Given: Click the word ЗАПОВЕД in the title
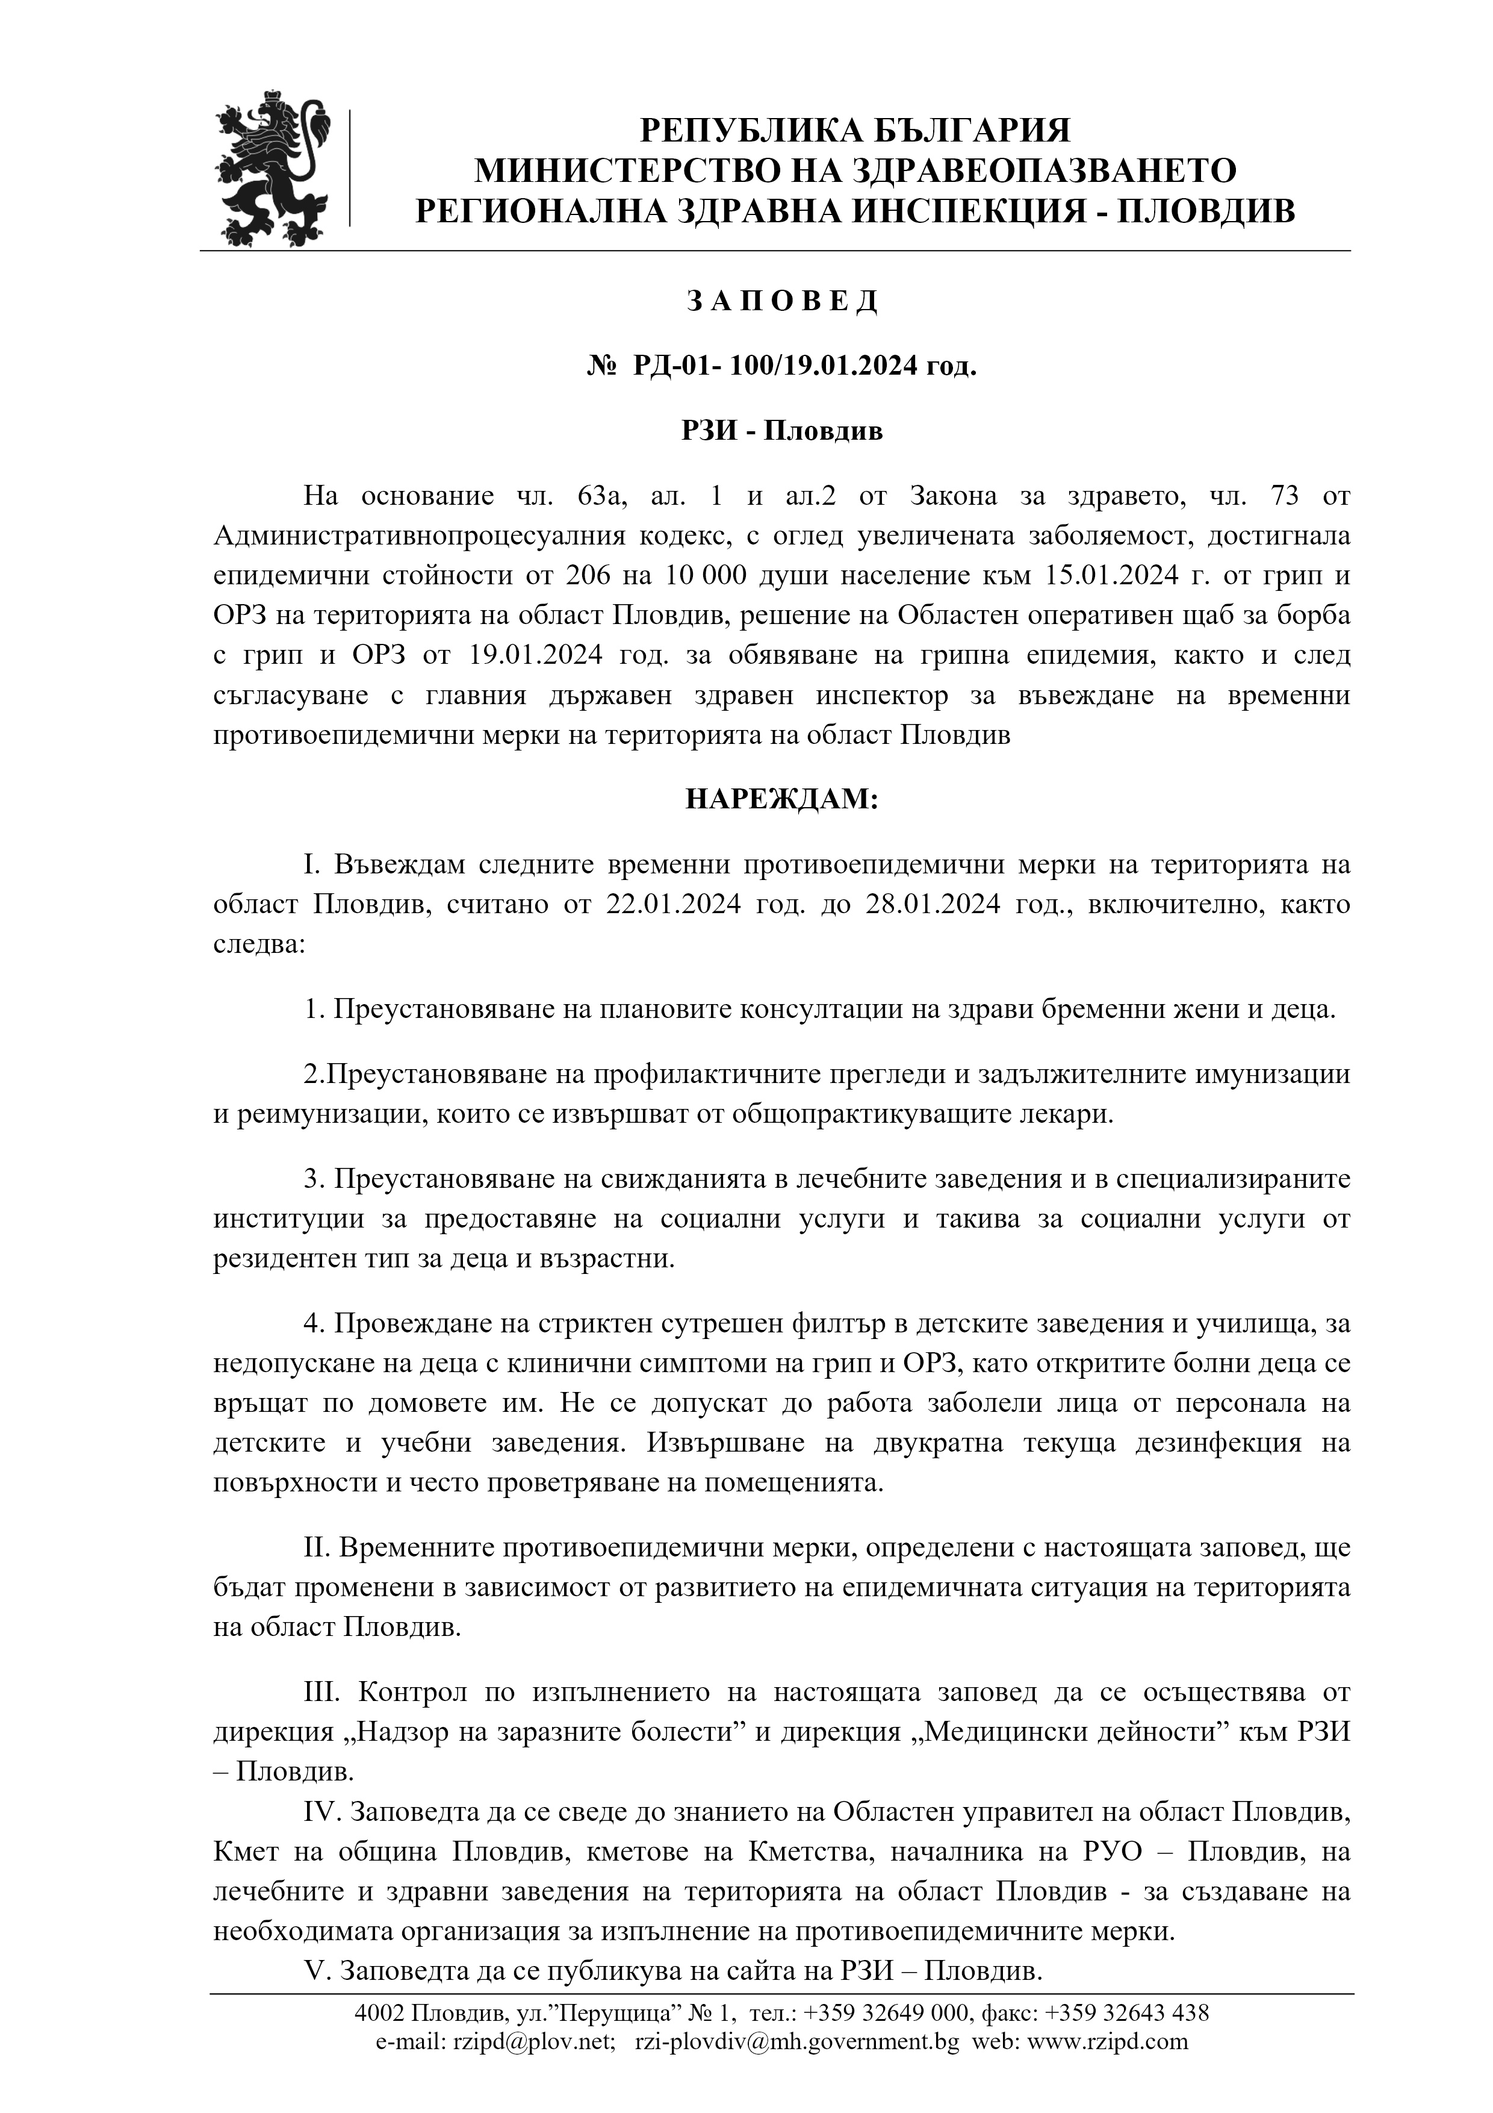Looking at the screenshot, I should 782,301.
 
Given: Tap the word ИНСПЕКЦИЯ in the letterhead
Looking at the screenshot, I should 962,211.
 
